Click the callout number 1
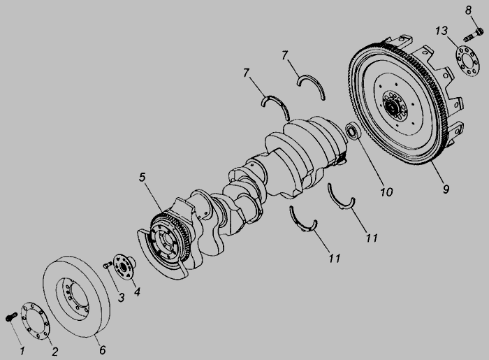click(x=22, y=351)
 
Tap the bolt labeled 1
click(x=11, y=317)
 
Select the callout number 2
click(x=55, y=352)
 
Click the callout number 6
click(x=103, y=350)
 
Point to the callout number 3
click(x=121, y=297)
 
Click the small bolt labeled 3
click(x=108, y=266)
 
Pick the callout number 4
click(x=137, y=291)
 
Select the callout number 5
click(x=143, y=177)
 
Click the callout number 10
click(x=386, y=192)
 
